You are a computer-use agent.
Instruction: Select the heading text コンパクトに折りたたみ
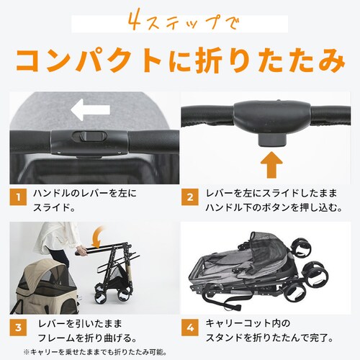[180, 60]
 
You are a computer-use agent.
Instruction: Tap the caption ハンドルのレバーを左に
[85, 193]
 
